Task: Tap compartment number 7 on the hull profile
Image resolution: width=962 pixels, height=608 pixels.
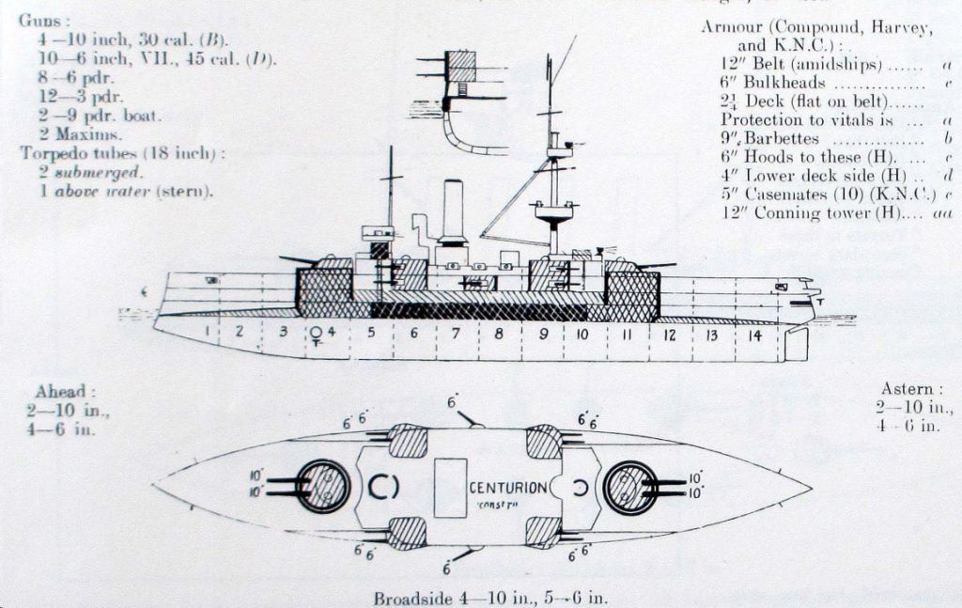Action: point(455,334)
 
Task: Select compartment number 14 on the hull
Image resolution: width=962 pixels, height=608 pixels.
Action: point(754,335)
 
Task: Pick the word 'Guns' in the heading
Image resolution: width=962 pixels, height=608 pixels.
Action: point(37,20)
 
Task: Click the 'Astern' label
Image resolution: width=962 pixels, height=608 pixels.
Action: point(908,389)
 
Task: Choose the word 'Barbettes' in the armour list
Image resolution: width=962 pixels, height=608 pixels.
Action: point(782,138)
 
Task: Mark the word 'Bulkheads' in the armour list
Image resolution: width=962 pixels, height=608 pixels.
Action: point(785,82)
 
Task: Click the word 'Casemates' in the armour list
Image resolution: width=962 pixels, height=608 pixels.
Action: point(786,195)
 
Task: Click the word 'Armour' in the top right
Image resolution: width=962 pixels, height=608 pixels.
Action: point(732,26)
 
